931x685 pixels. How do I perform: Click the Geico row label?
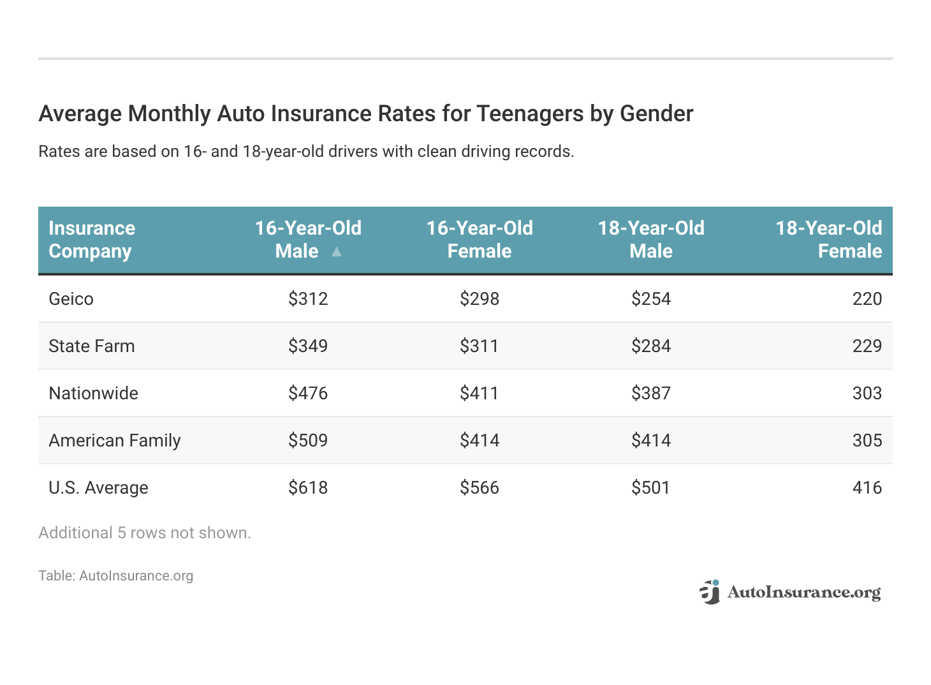click(71, 298)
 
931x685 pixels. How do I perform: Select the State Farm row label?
click(91, 346)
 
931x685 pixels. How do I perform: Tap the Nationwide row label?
click(93, 393)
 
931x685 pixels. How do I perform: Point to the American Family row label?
click(114, 440)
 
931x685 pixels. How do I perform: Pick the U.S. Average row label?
click(98, 487)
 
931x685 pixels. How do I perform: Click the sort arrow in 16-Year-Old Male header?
click(337, 252)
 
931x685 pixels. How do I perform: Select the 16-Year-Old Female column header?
click(479, 239)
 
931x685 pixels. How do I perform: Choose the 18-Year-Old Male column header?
click(650, 239)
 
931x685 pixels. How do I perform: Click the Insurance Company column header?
click(92, 239)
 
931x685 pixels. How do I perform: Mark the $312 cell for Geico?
click(308, 298)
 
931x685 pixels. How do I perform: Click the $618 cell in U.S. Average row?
click(308, 487)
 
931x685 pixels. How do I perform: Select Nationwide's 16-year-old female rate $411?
click(479, 393)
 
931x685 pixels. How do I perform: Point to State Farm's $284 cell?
click(650, 346)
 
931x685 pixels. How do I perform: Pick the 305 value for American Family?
click(867, 440)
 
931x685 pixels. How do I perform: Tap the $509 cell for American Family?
click(308, 440)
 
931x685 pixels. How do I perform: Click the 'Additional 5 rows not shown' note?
click(145, 533)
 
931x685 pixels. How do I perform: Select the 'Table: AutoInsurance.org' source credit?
click(115, 575)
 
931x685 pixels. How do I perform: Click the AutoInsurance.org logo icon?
click(710, 592)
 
